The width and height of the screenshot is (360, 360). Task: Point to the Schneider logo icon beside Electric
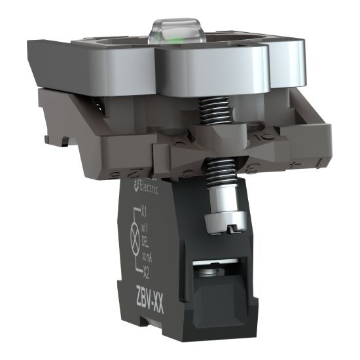point(135,187)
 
